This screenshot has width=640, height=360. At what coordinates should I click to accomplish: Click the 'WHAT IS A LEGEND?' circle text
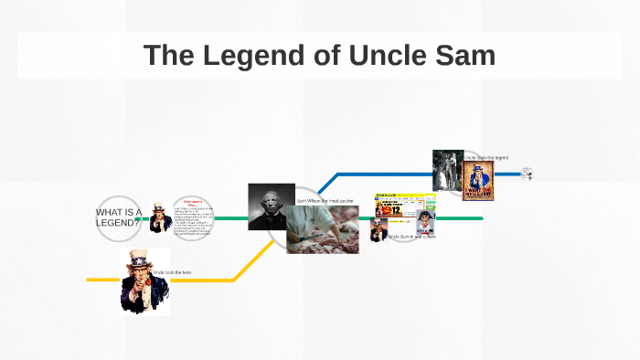pos(118,217)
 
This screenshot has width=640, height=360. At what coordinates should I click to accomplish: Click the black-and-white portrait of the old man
pos(271,206)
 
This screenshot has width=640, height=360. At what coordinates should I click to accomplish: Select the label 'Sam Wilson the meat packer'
pos(327,200)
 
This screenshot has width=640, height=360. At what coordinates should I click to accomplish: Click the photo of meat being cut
pos(322,229)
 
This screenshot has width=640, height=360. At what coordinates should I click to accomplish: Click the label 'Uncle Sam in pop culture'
pos(412,237)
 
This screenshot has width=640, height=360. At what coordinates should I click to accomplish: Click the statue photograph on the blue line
pos(447,171)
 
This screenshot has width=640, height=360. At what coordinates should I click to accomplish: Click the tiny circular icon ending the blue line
pos(527,174)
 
